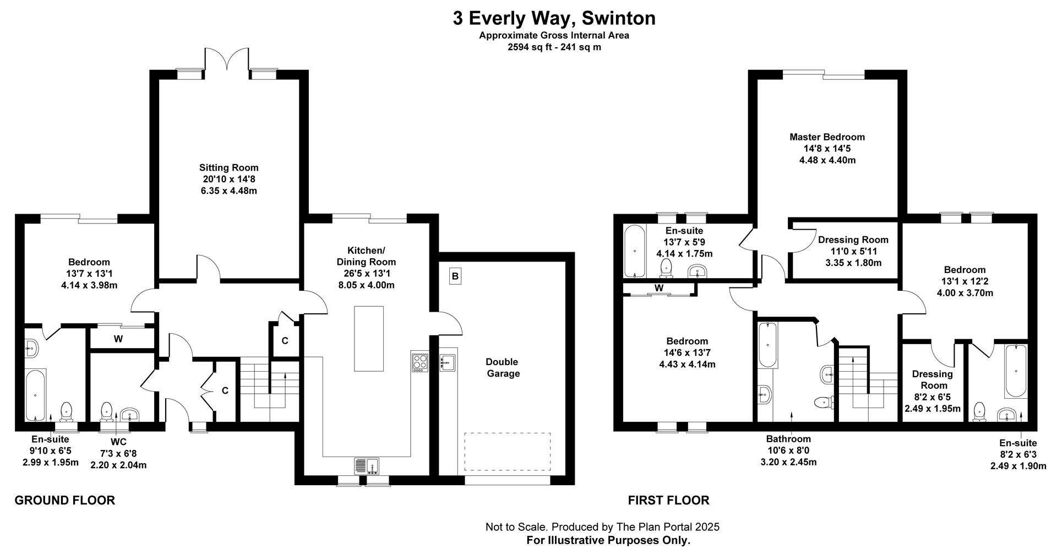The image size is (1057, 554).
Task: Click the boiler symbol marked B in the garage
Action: (455, 276)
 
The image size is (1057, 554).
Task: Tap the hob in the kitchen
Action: (419, 362)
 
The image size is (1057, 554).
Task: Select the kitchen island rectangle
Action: (369, 339)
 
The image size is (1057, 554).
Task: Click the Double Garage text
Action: (502, 368)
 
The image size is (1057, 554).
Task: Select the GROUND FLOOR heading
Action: (64, 501)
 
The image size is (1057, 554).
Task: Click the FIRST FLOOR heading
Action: (668, 501)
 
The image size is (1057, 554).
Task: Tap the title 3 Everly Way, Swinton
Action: (554, 18)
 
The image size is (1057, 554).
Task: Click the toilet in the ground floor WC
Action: (107, 412)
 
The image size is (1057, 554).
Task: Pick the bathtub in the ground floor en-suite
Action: (36, 395)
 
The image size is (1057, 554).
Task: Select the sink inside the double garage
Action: (447, 362)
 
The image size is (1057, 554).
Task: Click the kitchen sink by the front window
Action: (367, 466)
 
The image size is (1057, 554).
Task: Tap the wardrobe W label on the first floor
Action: (659, 288)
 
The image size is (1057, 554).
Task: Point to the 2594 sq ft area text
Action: (554, 47)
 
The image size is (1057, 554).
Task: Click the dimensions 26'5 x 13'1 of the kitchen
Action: (366, 274)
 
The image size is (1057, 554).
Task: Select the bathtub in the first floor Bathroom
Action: (767, 345)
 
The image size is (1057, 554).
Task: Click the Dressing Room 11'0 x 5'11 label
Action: (853, 251)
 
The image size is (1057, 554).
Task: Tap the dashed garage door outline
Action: (507, 452)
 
